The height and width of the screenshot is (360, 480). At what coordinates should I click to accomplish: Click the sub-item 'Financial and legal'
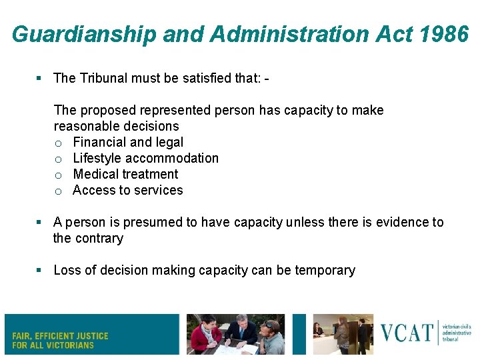[128, 142]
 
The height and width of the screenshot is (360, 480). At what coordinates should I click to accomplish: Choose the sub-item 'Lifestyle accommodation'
[145, 158]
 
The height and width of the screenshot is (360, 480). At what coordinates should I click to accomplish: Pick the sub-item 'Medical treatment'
[125, 174]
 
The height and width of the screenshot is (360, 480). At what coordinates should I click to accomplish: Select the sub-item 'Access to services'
[127, 190]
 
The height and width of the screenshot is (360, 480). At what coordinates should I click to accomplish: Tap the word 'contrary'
[99, 238]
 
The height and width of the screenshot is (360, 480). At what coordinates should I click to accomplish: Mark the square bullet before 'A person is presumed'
[40, 222]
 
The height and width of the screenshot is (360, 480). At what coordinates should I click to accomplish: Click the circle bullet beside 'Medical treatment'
[59, 175]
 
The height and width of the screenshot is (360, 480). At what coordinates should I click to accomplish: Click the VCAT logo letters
[407, 332]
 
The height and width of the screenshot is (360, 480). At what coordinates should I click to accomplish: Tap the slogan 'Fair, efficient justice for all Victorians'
[60, 340]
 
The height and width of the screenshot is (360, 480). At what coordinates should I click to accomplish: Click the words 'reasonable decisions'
[116, 126]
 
